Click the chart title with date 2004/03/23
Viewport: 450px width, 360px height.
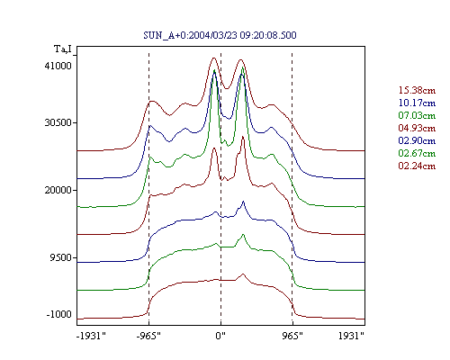(220, 35)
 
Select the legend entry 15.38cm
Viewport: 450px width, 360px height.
(417, 90)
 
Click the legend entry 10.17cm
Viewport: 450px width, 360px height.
(417, 103)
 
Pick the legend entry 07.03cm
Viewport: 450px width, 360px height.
(417, 115)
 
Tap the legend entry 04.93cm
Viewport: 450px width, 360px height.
(417, 128)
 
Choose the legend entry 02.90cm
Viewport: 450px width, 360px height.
(417, 140)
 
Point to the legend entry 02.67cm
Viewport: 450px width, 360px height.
(417, 153)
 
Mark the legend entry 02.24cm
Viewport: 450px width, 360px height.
(417, 166)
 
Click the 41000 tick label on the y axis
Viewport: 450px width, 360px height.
(58, 66)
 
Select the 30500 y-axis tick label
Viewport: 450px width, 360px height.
(58, 122)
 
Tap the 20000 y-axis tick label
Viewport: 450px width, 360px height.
(58, 190)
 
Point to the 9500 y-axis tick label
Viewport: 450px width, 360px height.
(61, 257)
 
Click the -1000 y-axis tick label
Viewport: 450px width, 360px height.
(58, 314)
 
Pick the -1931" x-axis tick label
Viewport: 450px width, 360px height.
(91, 336)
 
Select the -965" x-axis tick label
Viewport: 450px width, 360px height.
(148, 336)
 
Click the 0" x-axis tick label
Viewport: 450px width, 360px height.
(220, 336)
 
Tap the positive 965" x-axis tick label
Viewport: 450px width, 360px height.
(292, 336)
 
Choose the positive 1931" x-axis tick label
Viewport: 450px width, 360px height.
(351, 336)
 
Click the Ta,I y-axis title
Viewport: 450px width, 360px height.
(63, 49)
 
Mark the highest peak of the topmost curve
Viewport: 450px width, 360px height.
(213, 58)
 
